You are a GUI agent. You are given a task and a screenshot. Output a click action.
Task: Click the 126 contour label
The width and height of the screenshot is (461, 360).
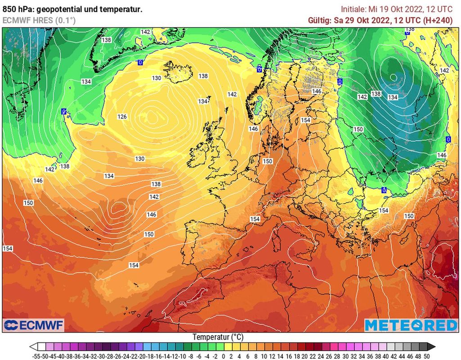[122, 117]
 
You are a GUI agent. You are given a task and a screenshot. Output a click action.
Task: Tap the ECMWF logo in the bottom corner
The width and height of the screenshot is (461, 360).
[34, 325]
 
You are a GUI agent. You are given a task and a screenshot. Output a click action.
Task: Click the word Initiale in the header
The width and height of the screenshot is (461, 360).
[353, 9]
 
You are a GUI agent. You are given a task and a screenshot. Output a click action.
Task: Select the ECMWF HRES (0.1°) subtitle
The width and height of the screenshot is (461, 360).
[39, 20]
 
